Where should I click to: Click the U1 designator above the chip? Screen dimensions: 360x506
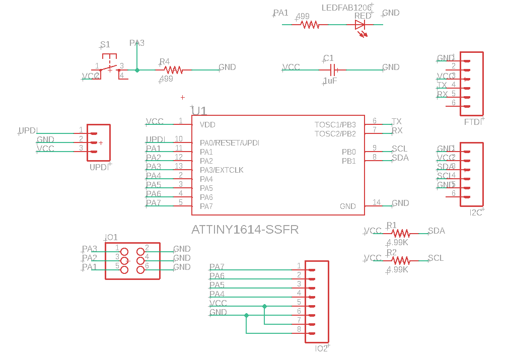coord(199,111)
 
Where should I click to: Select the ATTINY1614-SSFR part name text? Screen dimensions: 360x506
coord(245,230)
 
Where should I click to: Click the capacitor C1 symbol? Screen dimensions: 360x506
coord(332,70)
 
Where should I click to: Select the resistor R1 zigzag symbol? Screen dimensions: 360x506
coord(401,234)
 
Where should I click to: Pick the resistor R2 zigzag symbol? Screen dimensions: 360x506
coord(401,261)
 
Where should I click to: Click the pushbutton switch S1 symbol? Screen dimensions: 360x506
coord(109,65)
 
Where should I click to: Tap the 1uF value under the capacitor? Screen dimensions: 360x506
coord(330,81)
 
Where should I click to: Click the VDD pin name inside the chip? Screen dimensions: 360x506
coord(207,124)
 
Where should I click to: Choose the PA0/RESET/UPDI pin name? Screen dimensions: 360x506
coord(229,143)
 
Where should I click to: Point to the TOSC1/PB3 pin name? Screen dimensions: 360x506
coord(335,124)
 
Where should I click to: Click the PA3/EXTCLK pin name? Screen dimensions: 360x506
coord(222,170)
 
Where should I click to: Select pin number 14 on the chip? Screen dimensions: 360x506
coord(377,202)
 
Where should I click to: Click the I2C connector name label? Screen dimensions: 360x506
coord(476,213)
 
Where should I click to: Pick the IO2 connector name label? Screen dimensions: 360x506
coord(321,348)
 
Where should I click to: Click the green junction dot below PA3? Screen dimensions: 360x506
coord(137,70)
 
